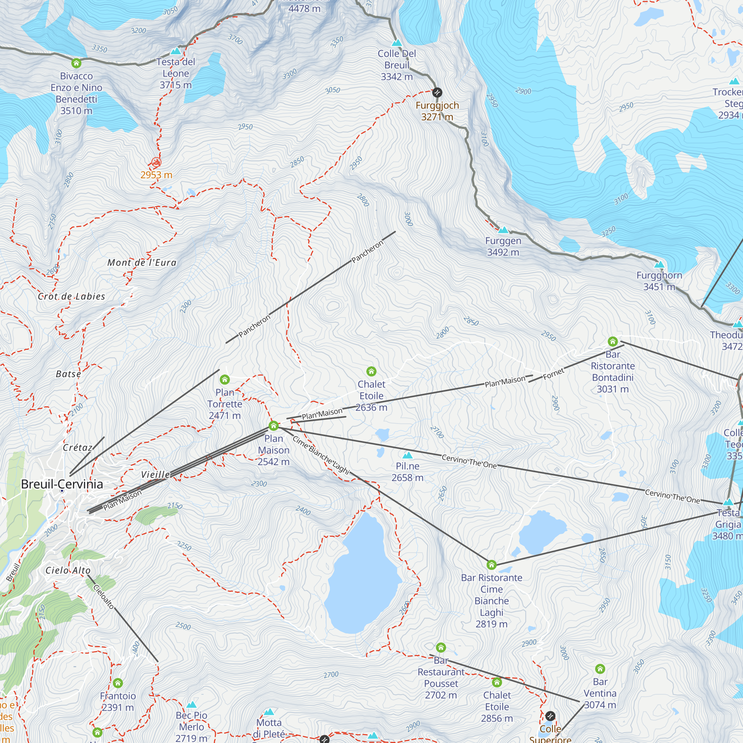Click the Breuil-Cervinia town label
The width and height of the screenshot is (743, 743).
(62, 484)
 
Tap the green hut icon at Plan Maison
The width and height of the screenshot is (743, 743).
(273, 425)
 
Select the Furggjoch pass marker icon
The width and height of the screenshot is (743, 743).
(437, 92)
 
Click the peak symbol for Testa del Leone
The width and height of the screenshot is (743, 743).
(176, 51)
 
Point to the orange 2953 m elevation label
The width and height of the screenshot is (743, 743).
(156, 175)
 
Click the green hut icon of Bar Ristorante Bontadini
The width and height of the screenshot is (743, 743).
(613, 341)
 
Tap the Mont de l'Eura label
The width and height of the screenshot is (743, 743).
(142, 263)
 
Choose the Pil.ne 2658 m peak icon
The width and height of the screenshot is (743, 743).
(407, 455)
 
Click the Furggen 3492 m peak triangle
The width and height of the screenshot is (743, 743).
(503, 230)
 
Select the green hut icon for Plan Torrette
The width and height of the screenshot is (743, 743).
(225, 380)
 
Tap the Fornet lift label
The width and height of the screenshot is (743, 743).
(554, 373)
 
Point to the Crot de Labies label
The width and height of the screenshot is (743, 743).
(72, 296)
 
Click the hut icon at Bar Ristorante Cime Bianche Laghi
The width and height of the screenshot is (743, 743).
(491, 565)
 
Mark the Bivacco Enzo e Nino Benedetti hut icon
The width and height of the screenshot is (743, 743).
(76, 63)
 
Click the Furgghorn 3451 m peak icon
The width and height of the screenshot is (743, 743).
(659, 264)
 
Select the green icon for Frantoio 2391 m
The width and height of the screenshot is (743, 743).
(118, 682)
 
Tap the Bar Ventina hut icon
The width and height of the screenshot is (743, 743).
(600, 668)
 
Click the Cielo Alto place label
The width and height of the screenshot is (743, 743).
(68, 570)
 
